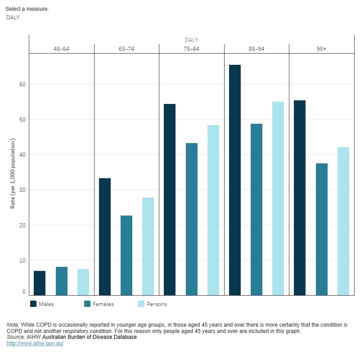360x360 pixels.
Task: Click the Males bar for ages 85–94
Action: click(235, 180)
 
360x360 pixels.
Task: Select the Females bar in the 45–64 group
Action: click(62, 281)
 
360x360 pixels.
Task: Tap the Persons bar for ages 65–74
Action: click(148, 246)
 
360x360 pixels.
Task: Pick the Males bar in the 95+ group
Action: click(300, 198)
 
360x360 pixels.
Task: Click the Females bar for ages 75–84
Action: click(192, 219)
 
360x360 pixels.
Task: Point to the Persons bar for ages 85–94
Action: click(278, 198)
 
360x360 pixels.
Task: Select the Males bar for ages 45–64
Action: click(40, 283)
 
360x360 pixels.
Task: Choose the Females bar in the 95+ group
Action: click(322, 229)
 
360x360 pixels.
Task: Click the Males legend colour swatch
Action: click(33, 304)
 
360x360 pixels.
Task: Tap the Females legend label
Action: click(103, 304)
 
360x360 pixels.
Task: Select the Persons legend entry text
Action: click(157, 304)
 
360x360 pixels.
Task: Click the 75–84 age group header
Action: click(191, 49)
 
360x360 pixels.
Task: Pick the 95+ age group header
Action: click(321, 49)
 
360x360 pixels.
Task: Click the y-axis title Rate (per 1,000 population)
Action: click(13, 174)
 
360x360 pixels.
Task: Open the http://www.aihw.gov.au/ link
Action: click(35, 343)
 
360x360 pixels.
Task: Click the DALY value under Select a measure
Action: click(13, 18)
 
